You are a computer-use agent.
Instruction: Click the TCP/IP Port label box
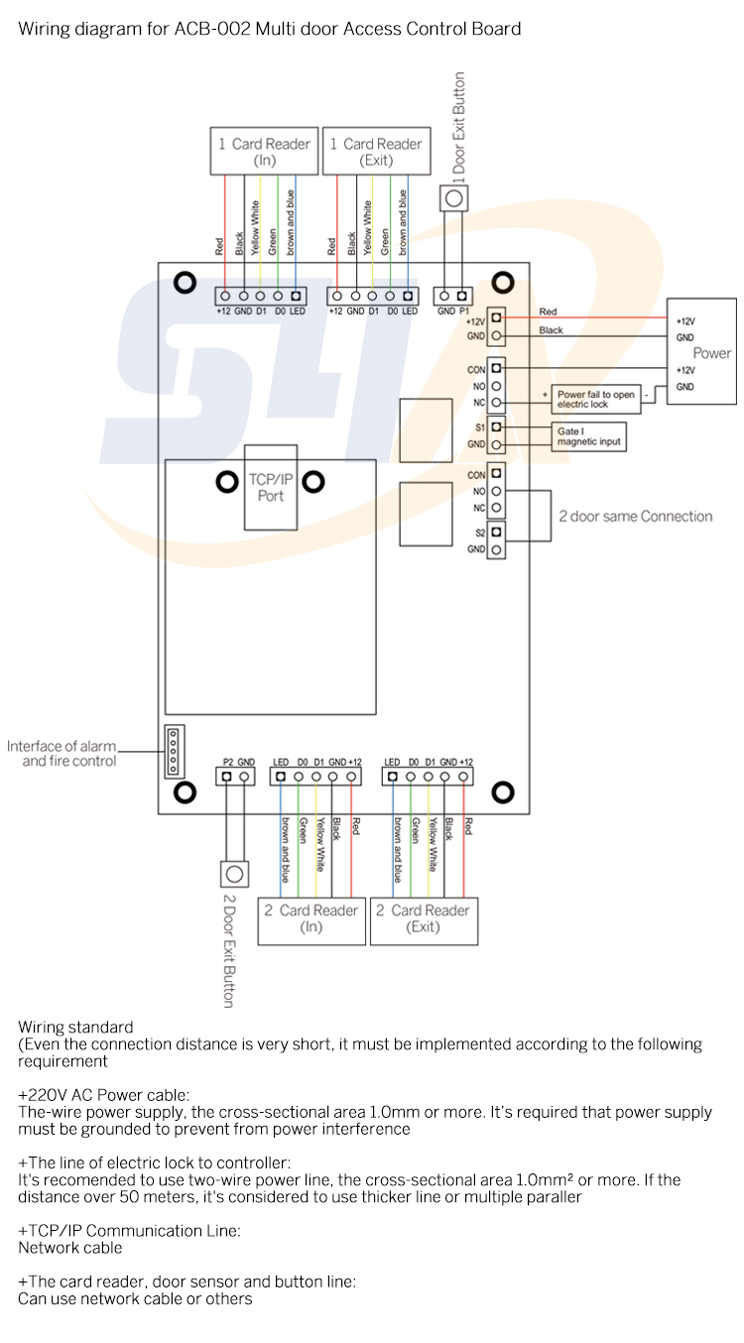tap(271, 488)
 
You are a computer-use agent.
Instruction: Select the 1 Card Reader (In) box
tap(264, 151)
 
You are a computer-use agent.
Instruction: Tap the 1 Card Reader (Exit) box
tap(376, 151)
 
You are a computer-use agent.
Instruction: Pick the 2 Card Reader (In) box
tap(311, 919)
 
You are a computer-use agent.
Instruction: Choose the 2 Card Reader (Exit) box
tap(424, 919)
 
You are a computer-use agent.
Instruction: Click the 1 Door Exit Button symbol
tap(454, 198)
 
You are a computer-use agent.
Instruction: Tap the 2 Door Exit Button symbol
tap(234, 874)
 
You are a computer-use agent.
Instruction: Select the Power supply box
tap(702, 352)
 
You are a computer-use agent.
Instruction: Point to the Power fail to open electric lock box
tap(595, 400)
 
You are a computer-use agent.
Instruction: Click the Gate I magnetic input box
tap(589, 436)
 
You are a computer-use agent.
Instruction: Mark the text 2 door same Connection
tap(635, 517)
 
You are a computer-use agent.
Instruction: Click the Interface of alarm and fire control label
tap(62, 754)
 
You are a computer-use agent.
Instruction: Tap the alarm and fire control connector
tap(174, 750)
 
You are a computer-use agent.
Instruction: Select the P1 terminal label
tap(462, 310)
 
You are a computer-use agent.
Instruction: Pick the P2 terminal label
tap(225, 762)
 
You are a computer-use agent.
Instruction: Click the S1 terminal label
tap(480, 427)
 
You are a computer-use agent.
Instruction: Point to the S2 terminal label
tap(480, 533)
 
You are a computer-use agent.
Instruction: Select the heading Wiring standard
tap(75, 1027)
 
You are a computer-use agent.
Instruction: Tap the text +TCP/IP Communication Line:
tap(129, 1231)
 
